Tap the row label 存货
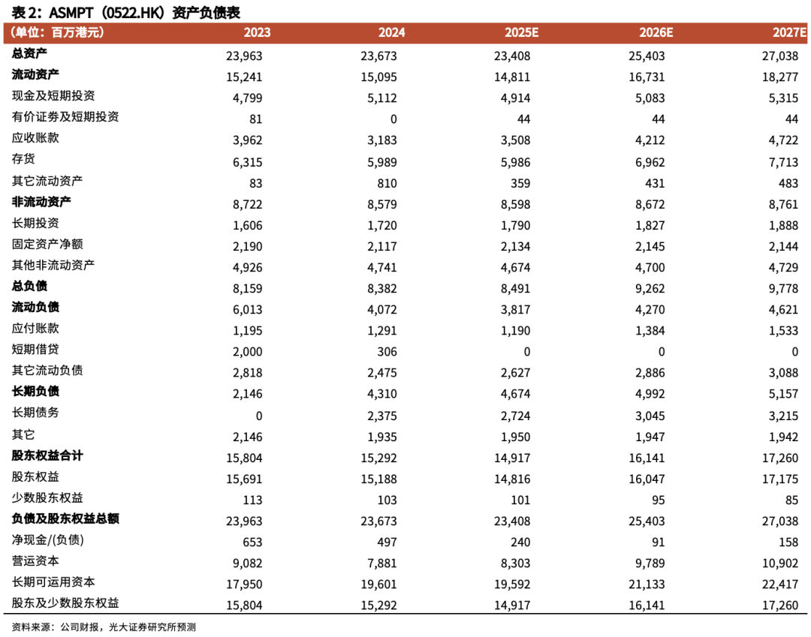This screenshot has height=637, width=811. (23, 159)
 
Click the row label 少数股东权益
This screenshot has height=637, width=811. (47, 497)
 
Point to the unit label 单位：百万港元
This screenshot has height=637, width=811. (57, 33)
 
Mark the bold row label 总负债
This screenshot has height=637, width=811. (29, 286)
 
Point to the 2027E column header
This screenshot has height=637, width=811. (789, 33)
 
